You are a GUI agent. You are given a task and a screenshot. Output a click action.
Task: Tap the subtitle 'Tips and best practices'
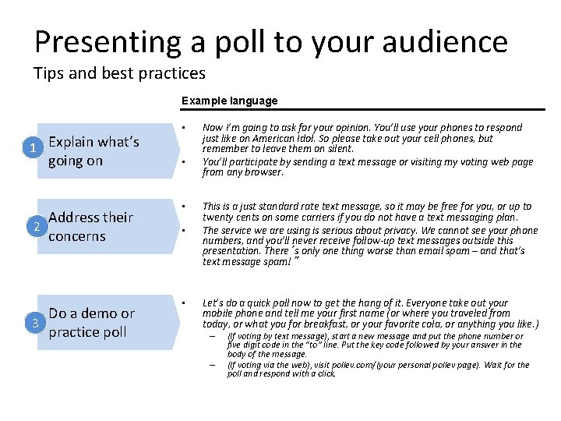click(119, 74)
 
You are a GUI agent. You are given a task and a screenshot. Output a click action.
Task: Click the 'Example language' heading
click(229, 101)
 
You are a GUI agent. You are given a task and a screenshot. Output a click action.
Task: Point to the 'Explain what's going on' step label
click(93, 151)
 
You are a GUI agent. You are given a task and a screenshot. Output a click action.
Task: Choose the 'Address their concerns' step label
click(90, 227)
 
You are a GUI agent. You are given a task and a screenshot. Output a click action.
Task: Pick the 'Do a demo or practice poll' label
click(91, 323)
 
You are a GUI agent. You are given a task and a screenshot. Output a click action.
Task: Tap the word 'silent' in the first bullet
click(338, 148)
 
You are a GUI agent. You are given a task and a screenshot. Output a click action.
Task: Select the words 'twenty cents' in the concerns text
click(231, 217)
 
